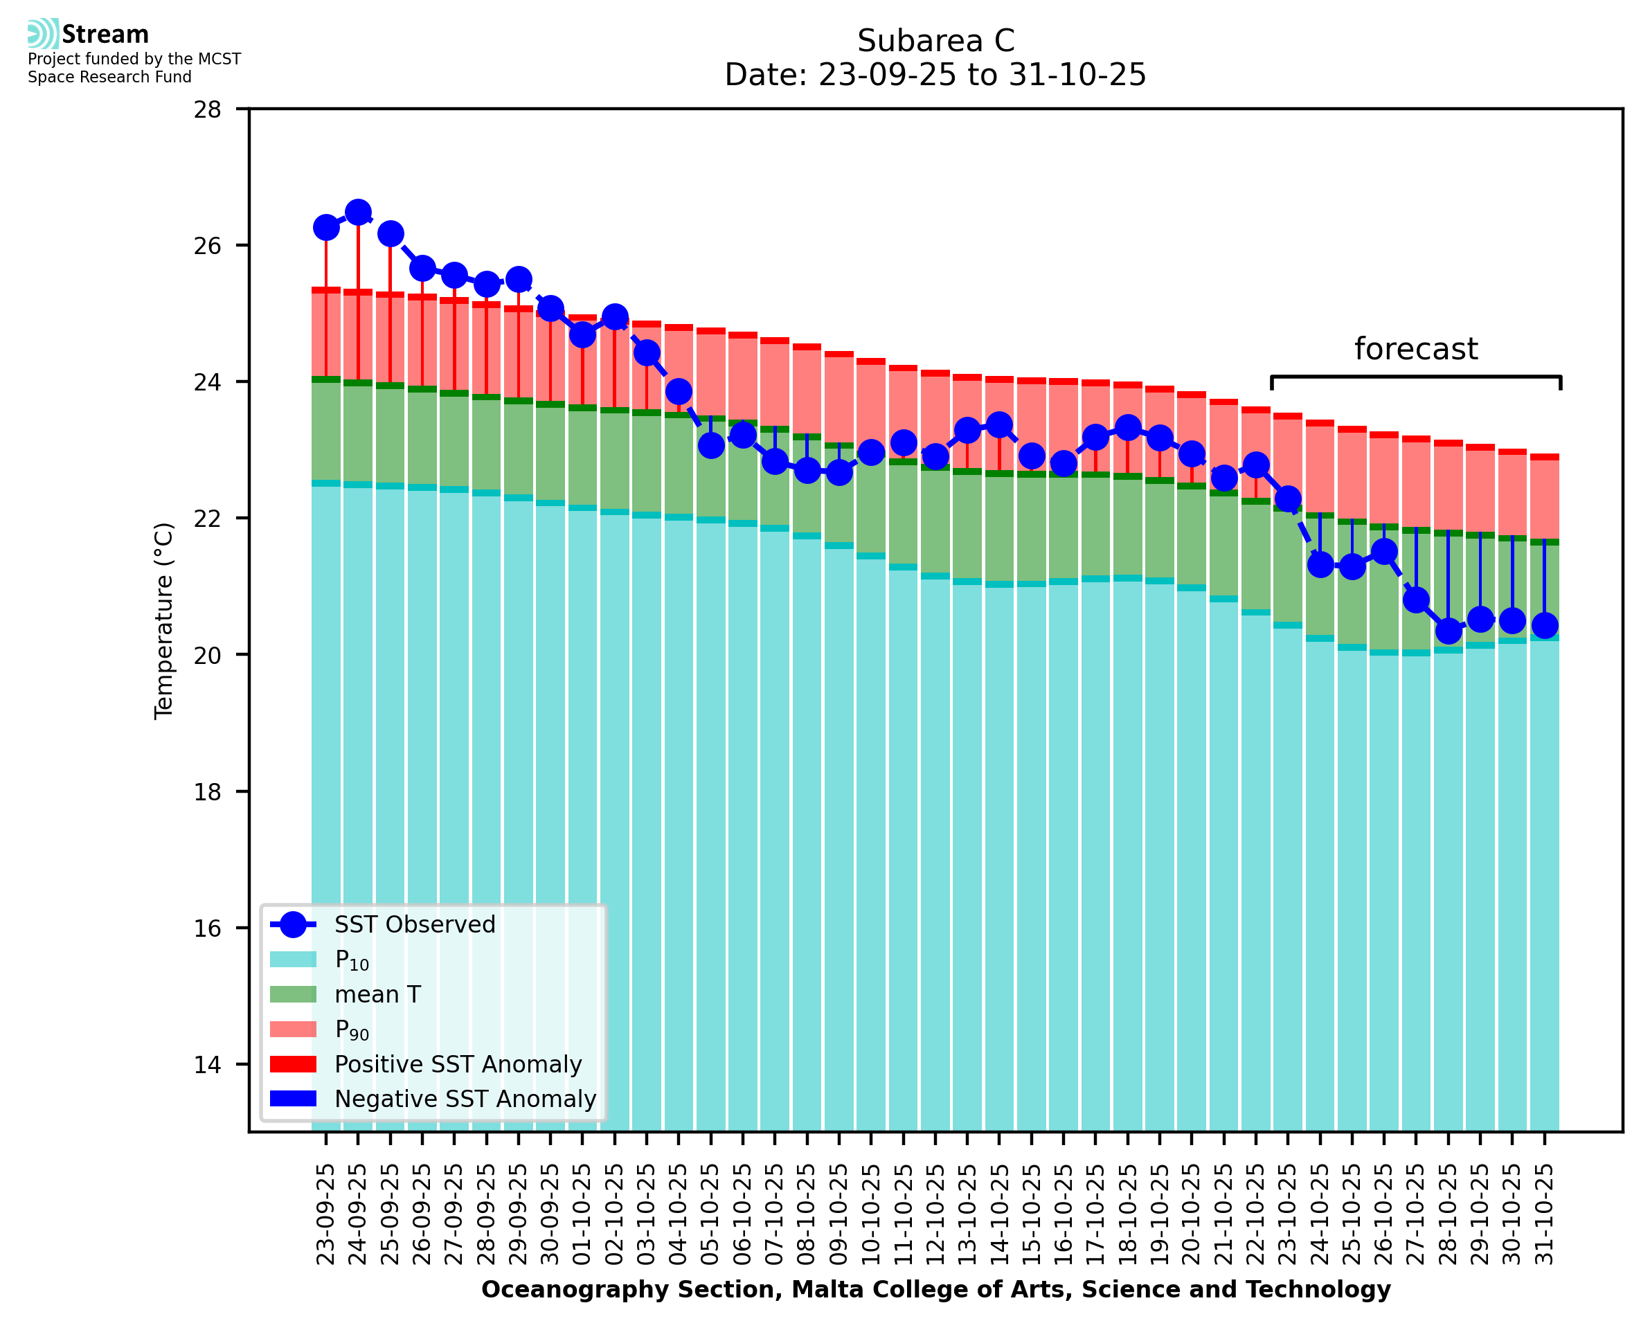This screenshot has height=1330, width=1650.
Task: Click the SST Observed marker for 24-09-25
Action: (358, 213)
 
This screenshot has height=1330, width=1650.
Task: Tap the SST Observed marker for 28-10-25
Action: (1448, 631)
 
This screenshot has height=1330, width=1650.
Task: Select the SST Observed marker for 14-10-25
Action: (999, 424)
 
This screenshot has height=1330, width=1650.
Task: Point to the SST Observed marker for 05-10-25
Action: (711, 445)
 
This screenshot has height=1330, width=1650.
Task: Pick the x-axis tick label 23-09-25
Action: (325, 1214)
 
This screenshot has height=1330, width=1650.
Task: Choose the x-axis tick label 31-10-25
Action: (1544, 1214)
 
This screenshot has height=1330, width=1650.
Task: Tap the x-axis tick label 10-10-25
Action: (871, 1214)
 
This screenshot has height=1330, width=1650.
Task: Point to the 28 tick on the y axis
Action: (208, 109)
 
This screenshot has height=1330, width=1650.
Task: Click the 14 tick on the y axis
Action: (208, 1065)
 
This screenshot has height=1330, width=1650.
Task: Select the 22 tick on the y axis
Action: (208, 519)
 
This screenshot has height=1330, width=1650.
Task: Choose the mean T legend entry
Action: (377, 994)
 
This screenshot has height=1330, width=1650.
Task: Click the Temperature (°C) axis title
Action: (164, 620)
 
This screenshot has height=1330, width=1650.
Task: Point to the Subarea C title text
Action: (935, 41)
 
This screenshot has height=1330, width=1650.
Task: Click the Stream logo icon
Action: (43, 34)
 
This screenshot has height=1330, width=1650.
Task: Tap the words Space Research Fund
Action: (109, 78)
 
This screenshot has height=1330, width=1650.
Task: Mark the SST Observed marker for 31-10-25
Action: (1544, 625)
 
